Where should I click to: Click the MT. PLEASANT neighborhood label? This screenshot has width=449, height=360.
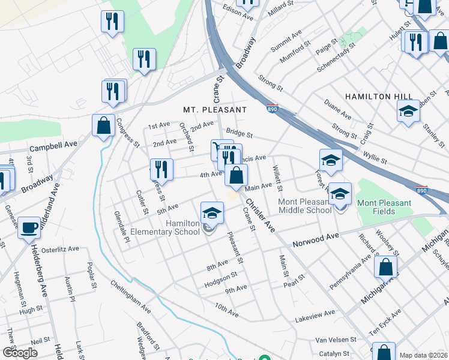[x=215, y=110]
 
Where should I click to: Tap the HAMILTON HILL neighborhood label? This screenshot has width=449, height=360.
[x=378, y=96]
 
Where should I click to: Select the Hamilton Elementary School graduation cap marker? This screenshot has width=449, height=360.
[x=211, y=214]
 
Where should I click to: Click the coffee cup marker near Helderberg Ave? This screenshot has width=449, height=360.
[x=29, y=228]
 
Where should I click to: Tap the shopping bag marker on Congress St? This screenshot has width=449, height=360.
[x=103, y=127]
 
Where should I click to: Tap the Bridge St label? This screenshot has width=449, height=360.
[x=240, y=134]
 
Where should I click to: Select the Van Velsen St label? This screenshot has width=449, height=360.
[x=336, y=340]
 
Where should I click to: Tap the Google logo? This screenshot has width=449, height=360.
[x=20, y=353]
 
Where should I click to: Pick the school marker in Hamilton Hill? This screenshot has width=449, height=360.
[x=408, y=112]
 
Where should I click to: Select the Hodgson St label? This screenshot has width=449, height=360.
[x=221, y=278]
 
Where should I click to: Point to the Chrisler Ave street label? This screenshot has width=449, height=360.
[x=260, y=216]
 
